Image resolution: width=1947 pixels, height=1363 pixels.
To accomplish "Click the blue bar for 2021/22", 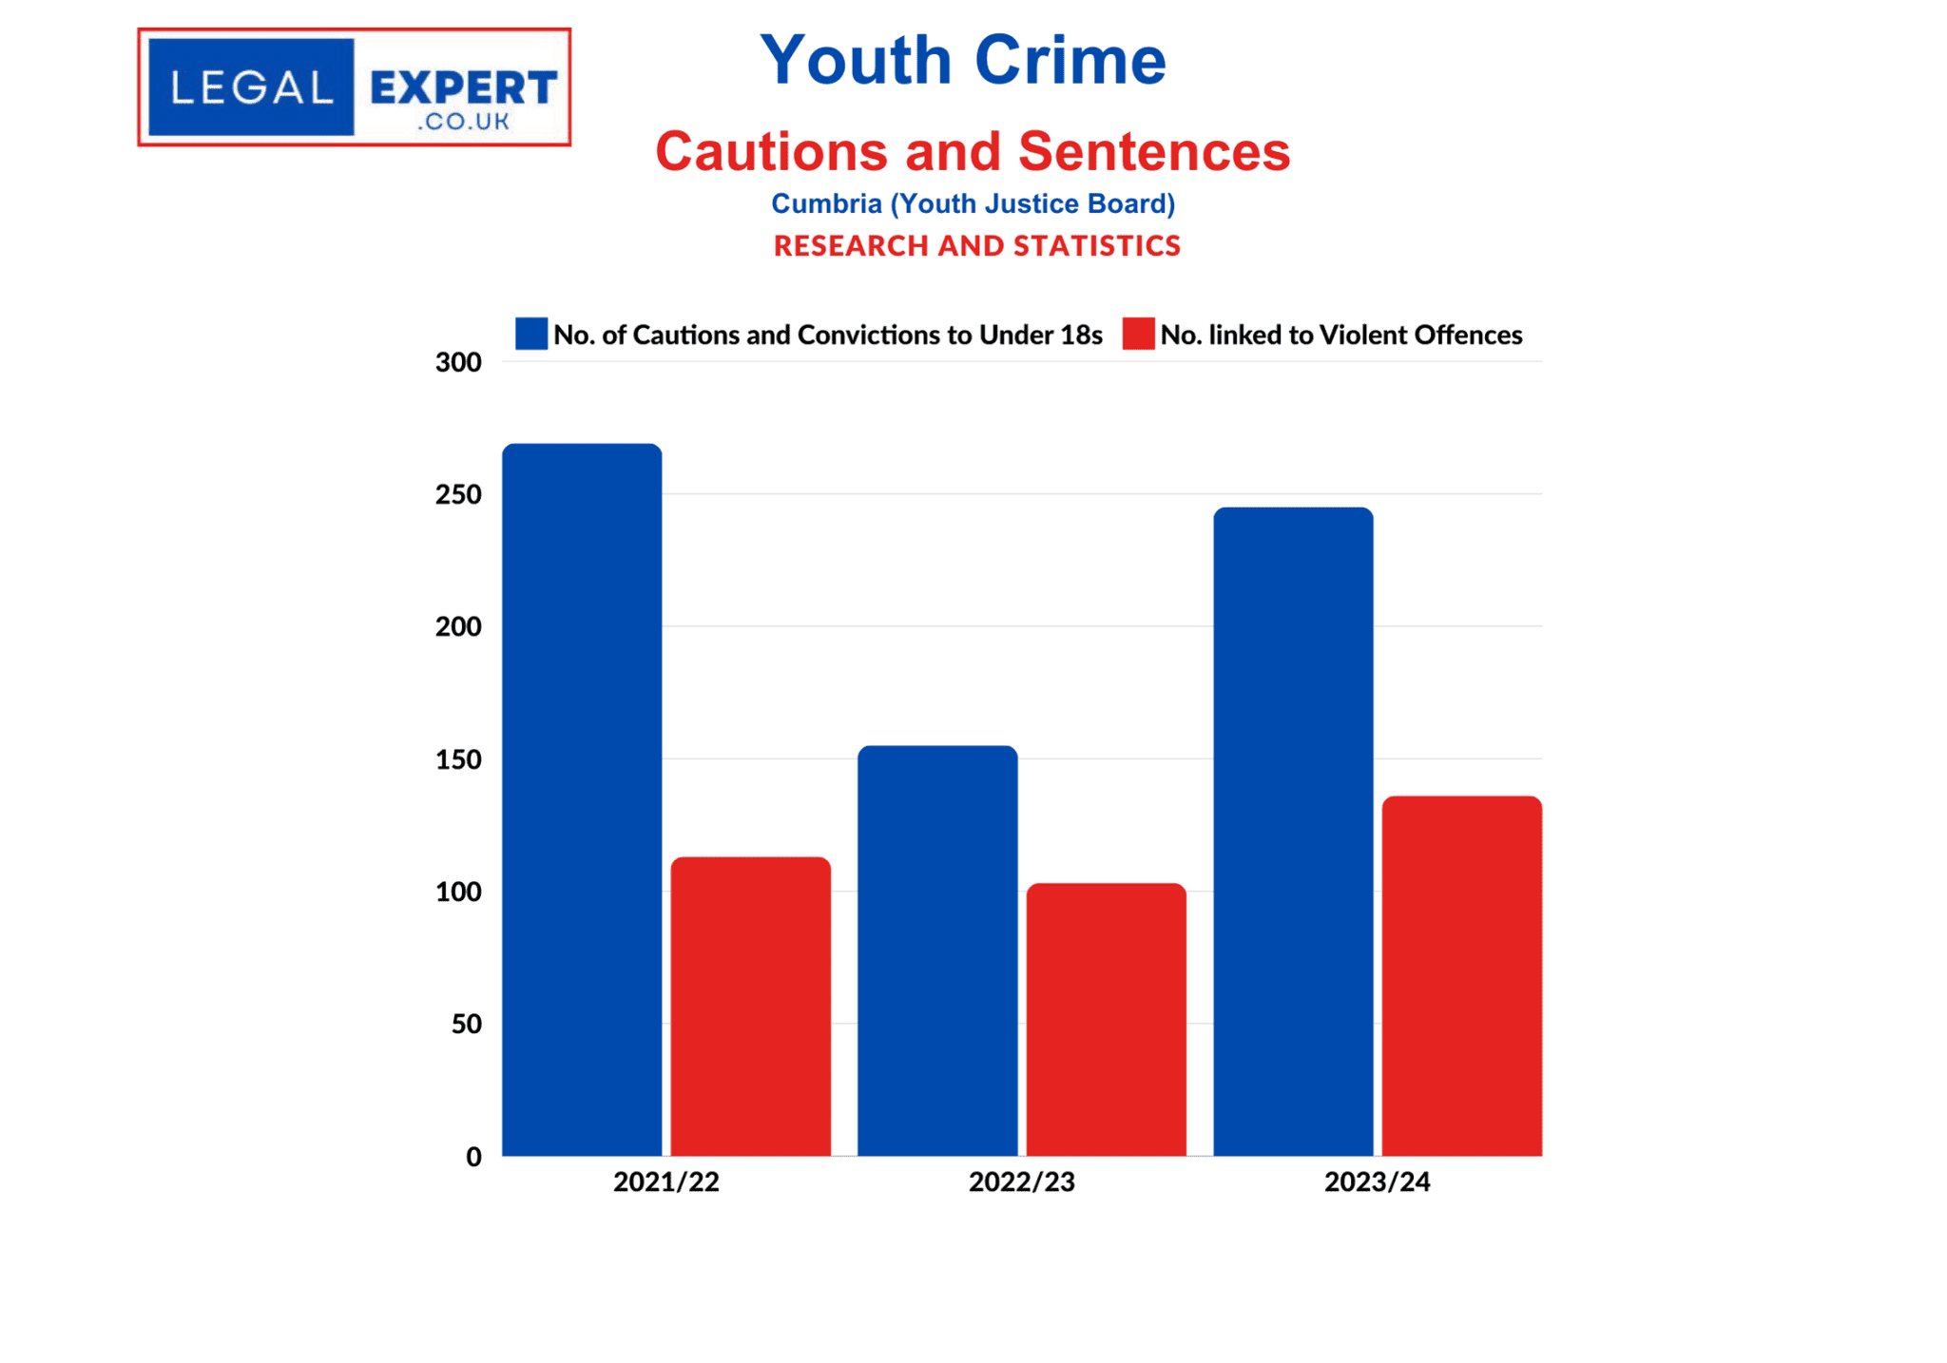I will (x=582, y=799).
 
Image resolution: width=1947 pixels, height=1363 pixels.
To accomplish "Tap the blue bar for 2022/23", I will (x=937, y=950).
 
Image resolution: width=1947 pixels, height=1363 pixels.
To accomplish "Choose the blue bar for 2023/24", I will (x=1293, y=832).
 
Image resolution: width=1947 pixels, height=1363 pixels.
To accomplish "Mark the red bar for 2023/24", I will (x=1461, y=975).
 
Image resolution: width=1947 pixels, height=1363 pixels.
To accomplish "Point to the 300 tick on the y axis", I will (x=458, y=362).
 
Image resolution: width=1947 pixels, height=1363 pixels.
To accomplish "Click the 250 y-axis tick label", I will (x=458, y=494).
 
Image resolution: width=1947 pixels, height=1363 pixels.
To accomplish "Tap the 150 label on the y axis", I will (x=458, y=759).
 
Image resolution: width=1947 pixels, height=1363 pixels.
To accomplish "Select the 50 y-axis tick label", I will (x=466, y=1024).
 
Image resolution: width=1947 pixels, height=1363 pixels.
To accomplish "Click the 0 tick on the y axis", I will (x=473, y=1157).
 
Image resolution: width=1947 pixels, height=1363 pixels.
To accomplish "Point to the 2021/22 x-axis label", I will (x=665, y=1181).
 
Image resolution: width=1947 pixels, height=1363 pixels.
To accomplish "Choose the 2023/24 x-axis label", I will (x=1377, y=1181).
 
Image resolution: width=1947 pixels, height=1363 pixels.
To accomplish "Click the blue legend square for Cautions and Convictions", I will (x=531, y=334).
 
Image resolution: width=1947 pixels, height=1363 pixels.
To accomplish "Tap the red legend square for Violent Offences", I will (x=1138, y=334).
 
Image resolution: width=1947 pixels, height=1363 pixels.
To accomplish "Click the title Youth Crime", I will (x=963, y=60).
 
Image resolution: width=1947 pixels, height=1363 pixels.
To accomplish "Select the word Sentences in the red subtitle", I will (x=1154, y=151).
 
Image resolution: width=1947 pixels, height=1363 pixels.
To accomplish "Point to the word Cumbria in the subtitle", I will (x=826, y=203).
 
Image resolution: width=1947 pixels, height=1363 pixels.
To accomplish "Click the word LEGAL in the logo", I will (x=252, y=88).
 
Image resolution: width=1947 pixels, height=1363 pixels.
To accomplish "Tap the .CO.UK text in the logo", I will (x=463, y=121).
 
